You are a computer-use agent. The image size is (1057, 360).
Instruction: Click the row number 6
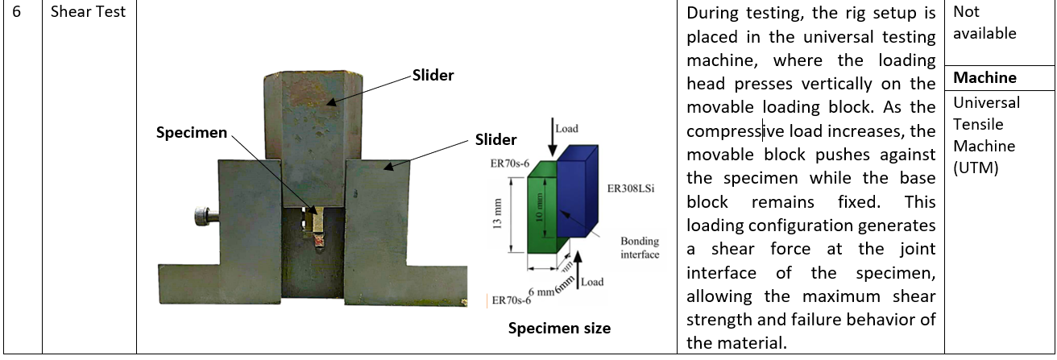coord(16,12)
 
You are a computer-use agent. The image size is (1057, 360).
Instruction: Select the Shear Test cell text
coord(88,12)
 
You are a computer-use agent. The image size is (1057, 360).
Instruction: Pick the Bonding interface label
coord(640,248)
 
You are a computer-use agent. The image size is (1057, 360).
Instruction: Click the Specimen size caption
coord(558,328)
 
